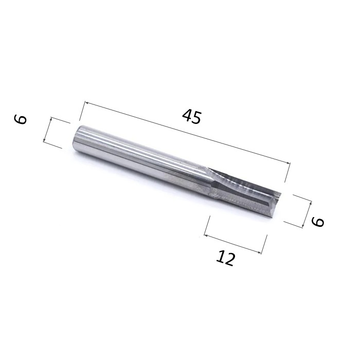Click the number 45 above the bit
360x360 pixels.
click(192, 117)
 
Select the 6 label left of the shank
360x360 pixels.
click(21, 119)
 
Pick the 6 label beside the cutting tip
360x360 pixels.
click(317, 222)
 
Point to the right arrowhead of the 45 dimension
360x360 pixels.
click(289, 163)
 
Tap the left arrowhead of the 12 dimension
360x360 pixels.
click(206, 235)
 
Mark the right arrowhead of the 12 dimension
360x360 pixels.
click(259, 252)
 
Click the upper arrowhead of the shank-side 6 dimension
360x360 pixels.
click(51, 119)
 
